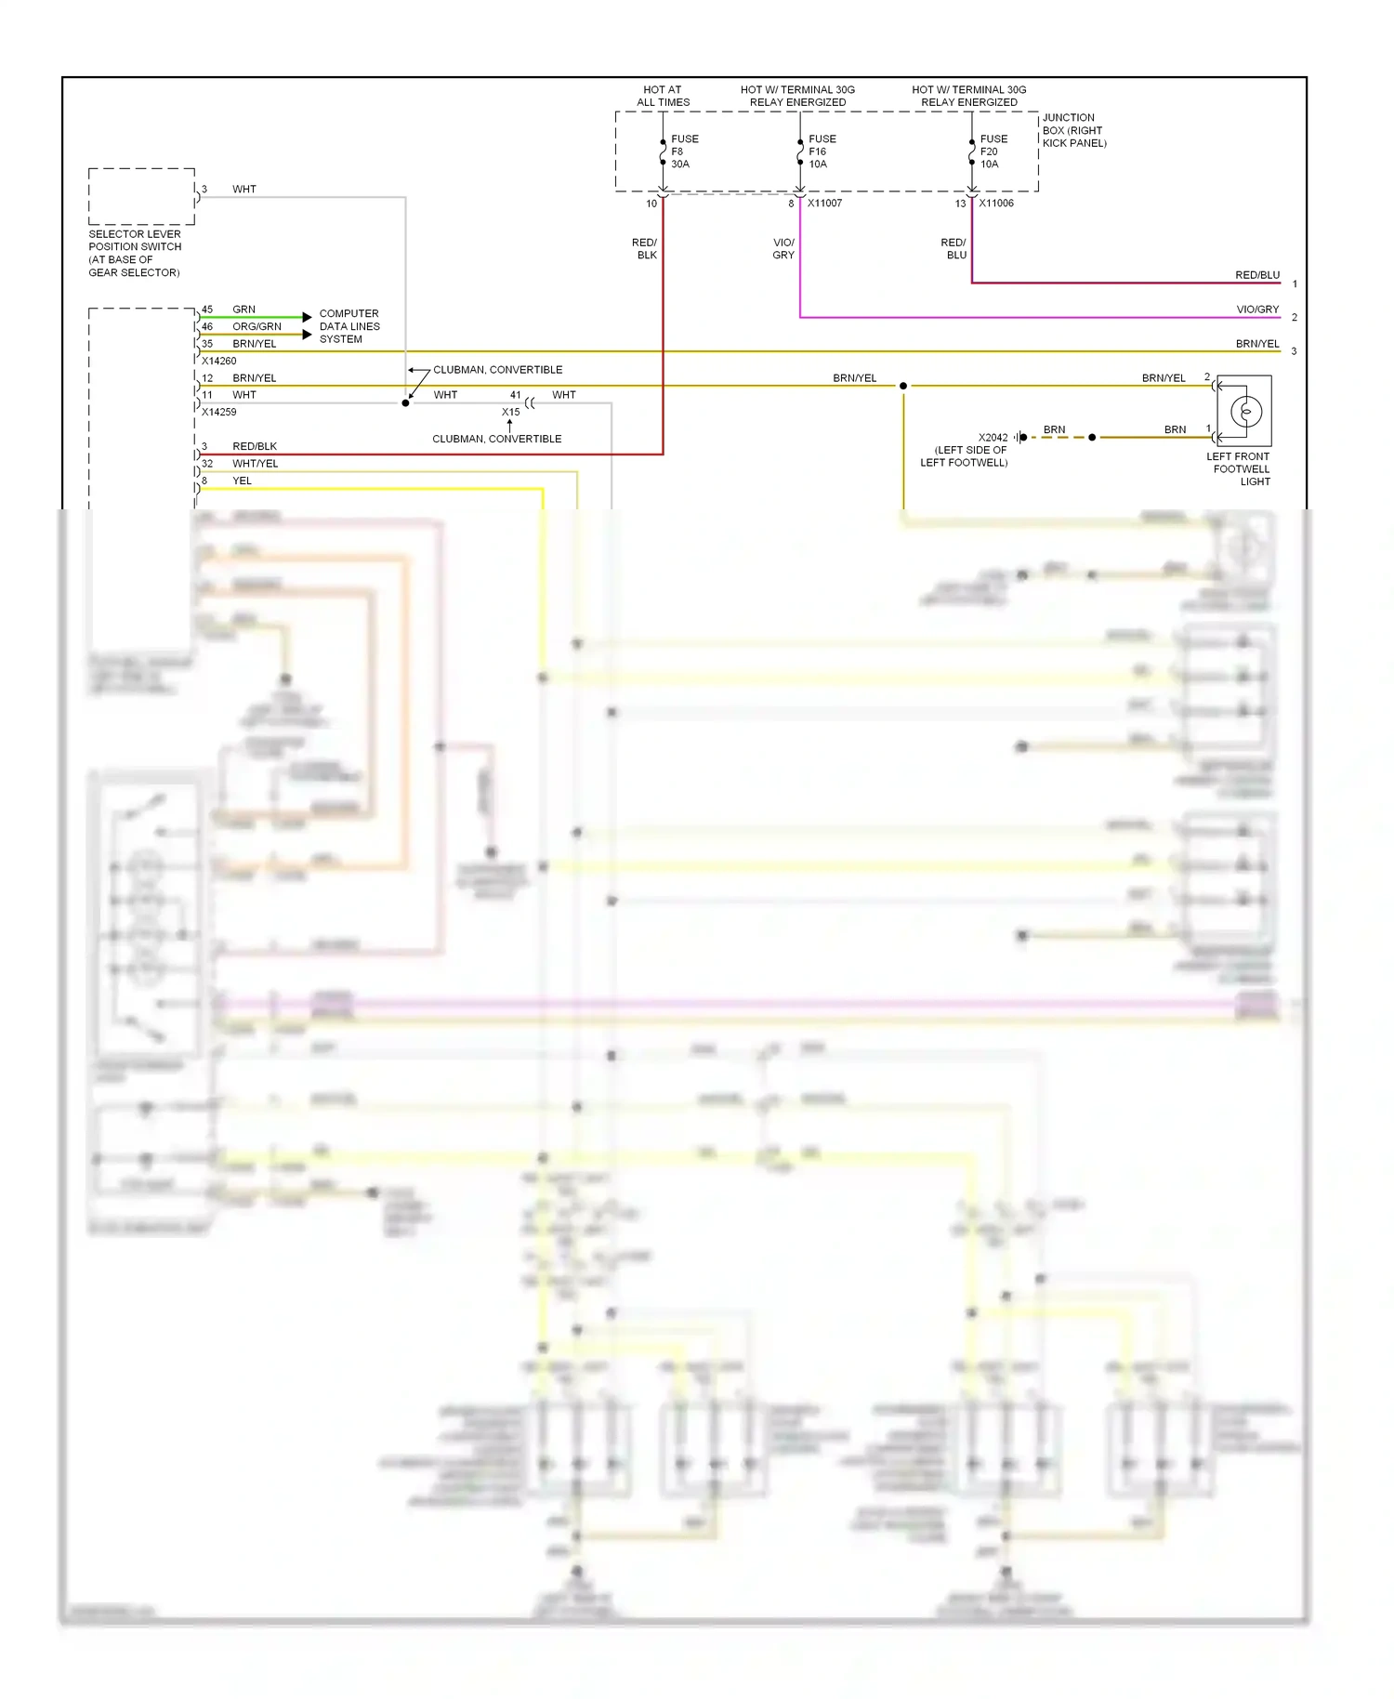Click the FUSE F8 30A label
pyautogui.click(x=684, y=151)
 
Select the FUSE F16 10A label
pyautogui.click(x=822, y=151)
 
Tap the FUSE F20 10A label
pyautogui.click(x=993, y=151)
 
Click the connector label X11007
pyautogui.click(x=824, y=203)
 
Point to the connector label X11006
pyautogui.click(x=996, y=203)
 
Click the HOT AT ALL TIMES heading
pyautogui.click(x=663, y=96)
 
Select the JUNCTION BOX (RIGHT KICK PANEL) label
pyautogui.click(x=1073, y=130)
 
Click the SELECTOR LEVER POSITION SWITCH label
pyautogui.click(x=135, y=253)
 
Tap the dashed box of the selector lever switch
pyautogui.click(x=141, y=196)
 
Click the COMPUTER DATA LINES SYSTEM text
pyautogui.click(x=349, y=326)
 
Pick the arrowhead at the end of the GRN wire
pyautogui.click(x=307, y=317)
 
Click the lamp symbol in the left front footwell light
pyautogui.click(x=1245, y=411)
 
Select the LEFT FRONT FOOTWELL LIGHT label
pyautogui.click(x=1240, y=468)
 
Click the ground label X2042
pyautogui.click(x=993, y=437)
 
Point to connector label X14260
pyautogui.click(x=219, y=361)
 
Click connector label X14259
pyautogui.click(x=219, y=412)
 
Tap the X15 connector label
pyautogui.click(x=510, y=412)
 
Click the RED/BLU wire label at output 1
pyautogui.click(x=1256, y=275)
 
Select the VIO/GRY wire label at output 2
pyautogui.click(x=1256, y=310)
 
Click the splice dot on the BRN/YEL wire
pyautogui.click(x=902, y=386)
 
